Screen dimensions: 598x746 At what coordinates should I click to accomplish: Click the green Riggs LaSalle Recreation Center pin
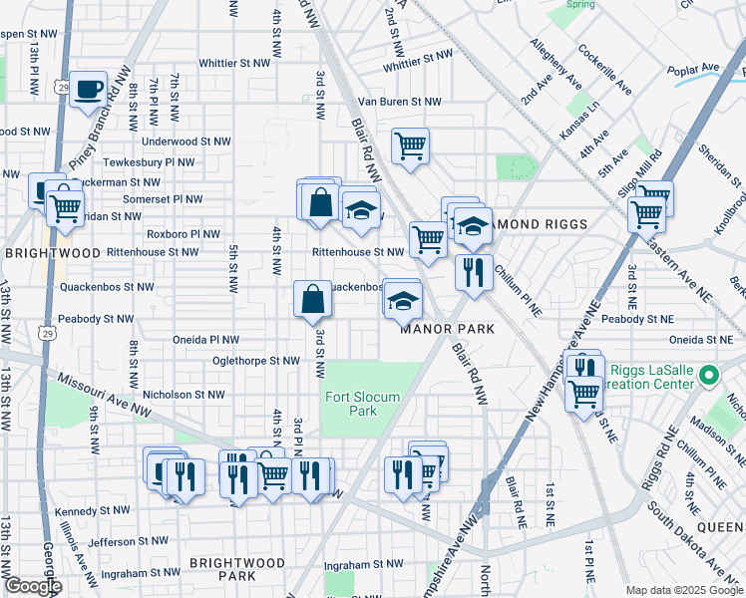pyautogui.click(x=709, y=376)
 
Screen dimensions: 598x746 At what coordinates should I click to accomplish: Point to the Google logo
pyautogui.click(x=33, y=586)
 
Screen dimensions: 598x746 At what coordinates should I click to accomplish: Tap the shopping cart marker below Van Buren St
pyautogui.click(x=410, y=147)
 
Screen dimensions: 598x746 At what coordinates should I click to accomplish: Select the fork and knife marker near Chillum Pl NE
pyautogui.click(x=474, y=271)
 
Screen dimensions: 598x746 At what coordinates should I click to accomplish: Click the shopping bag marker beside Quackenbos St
pyautogui.click(x=312, y=297)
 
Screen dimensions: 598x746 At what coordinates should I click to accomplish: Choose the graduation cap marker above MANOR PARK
pyautogui.click(x=403, y=299)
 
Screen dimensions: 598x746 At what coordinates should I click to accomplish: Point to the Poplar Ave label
pyautogui.click(x=695, y=68)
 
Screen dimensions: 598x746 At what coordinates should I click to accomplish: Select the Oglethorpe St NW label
pyautogui.click(x=256, y=360)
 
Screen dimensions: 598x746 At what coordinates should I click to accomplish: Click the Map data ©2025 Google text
pyautogui.click(x=683, y=590)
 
